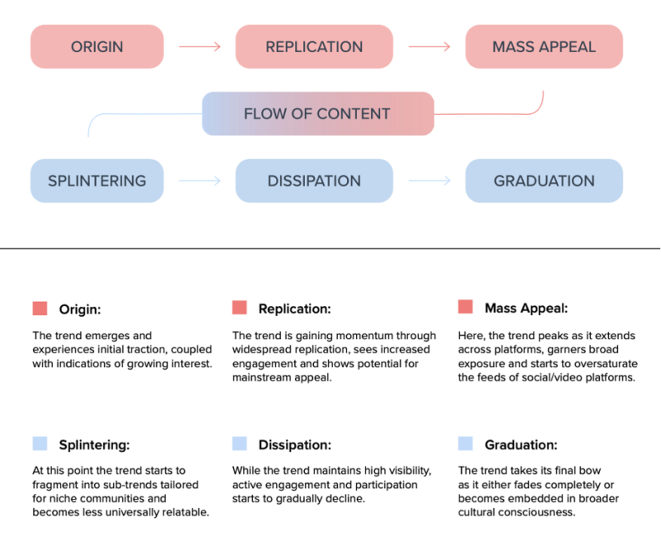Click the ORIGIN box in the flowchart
pyautogui.click(x=97, y=46)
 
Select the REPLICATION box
pyautogui.click(x=314, y=46)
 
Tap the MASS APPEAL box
pyautogui.click(x=544, y=46)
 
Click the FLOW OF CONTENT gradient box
pyautogui.click(x=318, y=113)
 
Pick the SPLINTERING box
pyautogui.click(x=97, y=180)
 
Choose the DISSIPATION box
pyautogui.click(x=314, y=180)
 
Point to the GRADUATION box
pyautogui.click(x=544, y=180)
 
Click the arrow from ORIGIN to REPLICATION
pyautogui.click(x=200, y=46)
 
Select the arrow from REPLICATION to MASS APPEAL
pyautogui.click(x=430, y=46)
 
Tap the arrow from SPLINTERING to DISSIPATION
pyautogui.click(x=200, y=180)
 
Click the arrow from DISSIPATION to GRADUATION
pyautogui.click(x=430, y=180)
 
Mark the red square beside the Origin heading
pyautogui.click(x=40, y=309)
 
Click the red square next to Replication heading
pyautogui.click(x=240, y=308)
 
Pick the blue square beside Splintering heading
pyautogui.click(x=40, y=443)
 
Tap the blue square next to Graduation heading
pyautogui.click(x=465, y=443)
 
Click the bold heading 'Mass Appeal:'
pyautogui.click(x=526, y=309)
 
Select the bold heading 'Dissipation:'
pyautogui.click(x=295, y=444)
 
